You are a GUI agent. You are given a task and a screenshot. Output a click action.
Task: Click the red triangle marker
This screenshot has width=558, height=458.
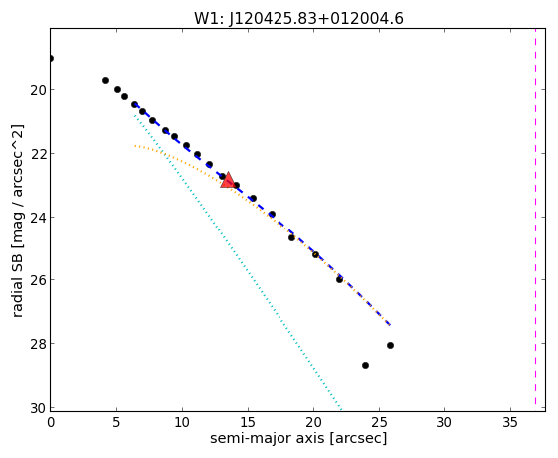[227, 180]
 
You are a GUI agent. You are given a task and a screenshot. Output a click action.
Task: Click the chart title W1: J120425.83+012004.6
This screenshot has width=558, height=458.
[298, 19]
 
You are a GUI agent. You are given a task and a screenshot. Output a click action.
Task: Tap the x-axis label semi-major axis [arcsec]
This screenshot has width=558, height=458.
[298, 438]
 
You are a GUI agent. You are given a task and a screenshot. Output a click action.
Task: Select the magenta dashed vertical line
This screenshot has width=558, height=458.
[535, 217]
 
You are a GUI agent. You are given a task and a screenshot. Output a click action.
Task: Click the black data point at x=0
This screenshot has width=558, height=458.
[51, 58]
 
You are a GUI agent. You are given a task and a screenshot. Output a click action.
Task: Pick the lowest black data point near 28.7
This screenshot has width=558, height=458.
[365, 365]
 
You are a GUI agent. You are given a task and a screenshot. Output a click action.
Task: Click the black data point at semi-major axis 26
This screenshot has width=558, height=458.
[390, 345]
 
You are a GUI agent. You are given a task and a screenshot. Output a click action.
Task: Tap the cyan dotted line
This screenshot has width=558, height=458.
[238, 261]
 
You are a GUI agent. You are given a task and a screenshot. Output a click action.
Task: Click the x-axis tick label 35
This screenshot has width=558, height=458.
[510, 422]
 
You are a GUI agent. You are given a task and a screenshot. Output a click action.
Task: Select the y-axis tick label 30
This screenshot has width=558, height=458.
[38, 408]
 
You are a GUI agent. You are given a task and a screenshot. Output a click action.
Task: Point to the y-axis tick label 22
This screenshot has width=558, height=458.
[38, 154]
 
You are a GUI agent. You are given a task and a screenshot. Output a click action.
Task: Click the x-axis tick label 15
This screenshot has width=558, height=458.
[248, 422]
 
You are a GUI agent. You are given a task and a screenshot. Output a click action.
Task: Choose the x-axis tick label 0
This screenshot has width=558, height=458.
[51, 422]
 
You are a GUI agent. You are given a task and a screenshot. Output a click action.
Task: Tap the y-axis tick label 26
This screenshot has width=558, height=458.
[38, 280]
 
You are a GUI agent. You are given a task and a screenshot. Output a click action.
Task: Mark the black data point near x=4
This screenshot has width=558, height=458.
[105, 81]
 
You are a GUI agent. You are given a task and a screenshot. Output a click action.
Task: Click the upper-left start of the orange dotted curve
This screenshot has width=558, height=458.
[135, 146]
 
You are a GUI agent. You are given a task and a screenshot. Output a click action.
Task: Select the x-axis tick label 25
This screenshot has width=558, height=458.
[378, 422]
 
